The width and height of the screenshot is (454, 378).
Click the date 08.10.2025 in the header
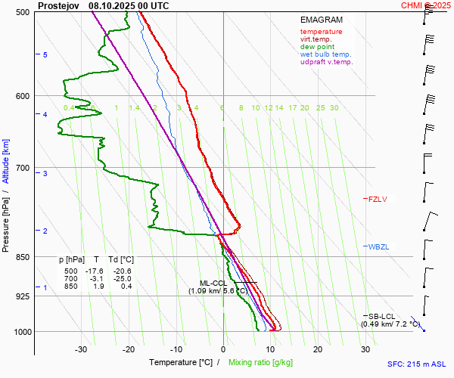coord(111,5)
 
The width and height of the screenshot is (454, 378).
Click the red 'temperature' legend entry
coord(321,32)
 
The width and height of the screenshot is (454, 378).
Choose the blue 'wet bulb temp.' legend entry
coord(325,54)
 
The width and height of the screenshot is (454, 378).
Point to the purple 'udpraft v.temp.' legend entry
coord(326,62)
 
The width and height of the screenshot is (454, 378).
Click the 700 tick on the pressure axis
coord(23,167)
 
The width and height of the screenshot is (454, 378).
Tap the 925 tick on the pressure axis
coord(23,296)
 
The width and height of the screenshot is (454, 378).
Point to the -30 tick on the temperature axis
coord(82,349)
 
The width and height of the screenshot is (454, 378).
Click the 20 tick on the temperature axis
coord(318,349)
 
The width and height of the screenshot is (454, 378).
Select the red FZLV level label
coord(377,200)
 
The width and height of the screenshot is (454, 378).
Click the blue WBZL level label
coord(377,247)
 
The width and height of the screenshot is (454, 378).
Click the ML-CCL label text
coord(213,283)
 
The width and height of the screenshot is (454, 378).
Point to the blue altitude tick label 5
coord(45,55)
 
